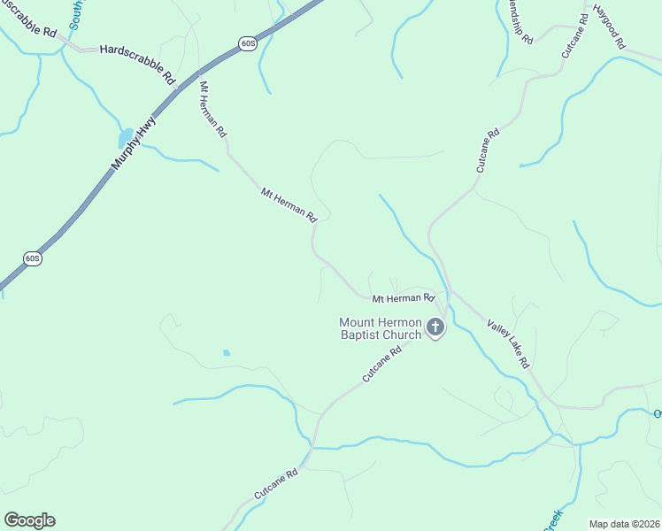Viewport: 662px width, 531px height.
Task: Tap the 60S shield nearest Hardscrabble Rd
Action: [x=247, y=43]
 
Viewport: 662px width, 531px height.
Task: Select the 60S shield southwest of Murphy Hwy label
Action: [x=32, y=258]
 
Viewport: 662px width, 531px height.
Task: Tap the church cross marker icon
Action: [x=435, y=327]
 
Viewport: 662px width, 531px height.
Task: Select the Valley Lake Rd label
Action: [x=508, y=344]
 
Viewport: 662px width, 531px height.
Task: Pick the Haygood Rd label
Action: [x=609, y=27]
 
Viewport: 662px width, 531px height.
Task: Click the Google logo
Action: [x=29, y=520]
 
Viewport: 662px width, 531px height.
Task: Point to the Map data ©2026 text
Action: [x=624, y=523]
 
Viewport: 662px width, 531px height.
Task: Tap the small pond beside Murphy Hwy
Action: [x=125, y=139]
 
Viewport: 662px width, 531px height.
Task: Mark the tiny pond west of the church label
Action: [x=227, y=352]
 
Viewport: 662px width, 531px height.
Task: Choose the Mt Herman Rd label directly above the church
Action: [x=403, y=299]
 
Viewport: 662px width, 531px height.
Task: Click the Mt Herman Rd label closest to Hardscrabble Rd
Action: [x=212, y=110]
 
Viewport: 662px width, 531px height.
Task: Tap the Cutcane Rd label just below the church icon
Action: [x=382, y=364]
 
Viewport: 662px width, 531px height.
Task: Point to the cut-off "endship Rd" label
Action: [x=516, y=22]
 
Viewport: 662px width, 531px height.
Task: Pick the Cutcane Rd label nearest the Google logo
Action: [x=275, y=481]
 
